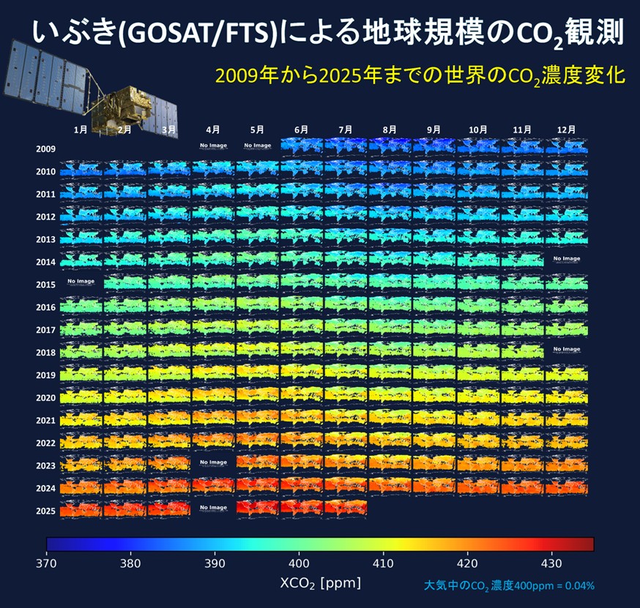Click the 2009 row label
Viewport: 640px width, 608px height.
(45, 149)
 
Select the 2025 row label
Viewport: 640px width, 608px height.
(45, 511)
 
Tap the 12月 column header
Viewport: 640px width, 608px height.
(566, 130)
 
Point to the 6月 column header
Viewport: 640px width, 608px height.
(301, 130)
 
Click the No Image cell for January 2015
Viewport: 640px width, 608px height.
(81, 282)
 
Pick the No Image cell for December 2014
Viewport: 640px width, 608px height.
(566, 259)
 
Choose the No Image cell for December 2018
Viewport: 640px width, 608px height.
(566, 350)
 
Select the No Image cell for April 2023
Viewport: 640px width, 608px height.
(213, 463)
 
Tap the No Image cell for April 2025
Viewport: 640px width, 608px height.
(213, 508)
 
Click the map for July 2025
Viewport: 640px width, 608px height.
(346, 508)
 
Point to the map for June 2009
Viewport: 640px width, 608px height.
(301, 146)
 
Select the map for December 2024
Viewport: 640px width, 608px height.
(566, 486)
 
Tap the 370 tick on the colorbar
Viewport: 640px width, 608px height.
(47, 563)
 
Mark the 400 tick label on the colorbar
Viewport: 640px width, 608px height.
(298, 563)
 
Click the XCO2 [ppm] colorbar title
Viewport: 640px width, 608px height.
(320, 584)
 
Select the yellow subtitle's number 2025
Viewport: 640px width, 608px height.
(343, 76)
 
